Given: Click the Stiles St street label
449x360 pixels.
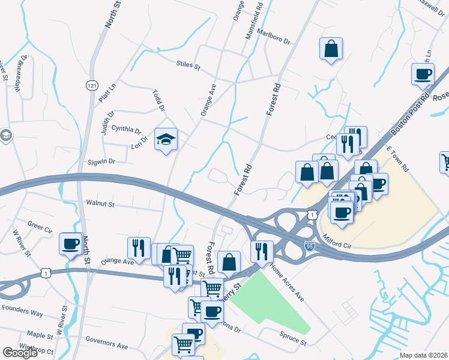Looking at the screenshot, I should (x=188, y=65).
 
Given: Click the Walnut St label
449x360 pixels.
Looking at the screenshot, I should (x=100, y=204).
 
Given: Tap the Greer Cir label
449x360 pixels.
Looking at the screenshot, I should (x=40, y=227).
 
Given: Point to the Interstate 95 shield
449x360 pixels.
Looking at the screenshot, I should (x=309, y=245).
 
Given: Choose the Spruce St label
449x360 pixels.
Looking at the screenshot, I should (x=293, y=340).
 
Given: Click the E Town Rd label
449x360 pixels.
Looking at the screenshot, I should (x=397, y=160).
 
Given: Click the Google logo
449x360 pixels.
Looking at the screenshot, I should (x=20, y=353).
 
